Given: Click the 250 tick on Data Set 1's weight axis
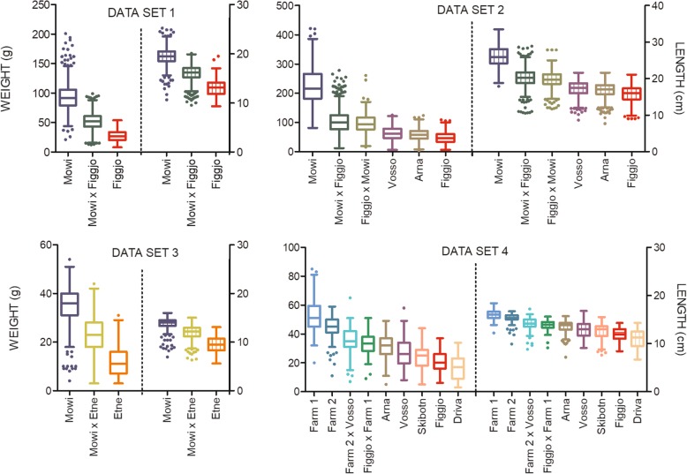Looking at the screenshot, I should (38, 6).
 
